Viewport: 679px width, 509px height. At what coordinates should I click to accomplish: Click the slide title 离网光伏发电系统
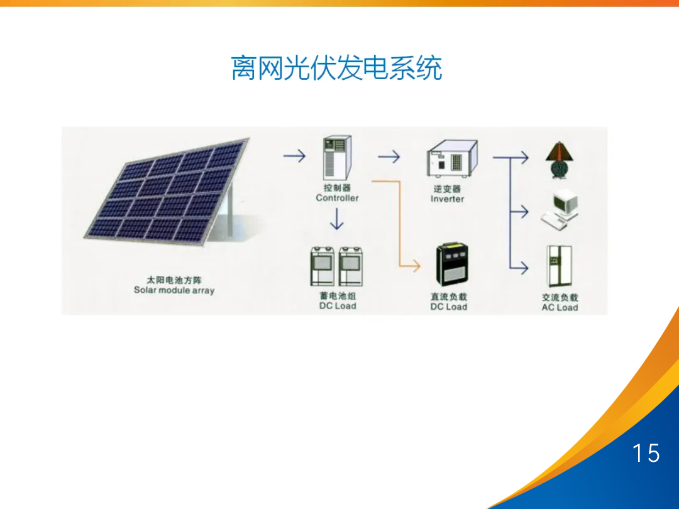click(336, 68)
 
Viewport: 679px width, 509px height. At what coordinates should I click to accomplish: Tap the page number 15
click(646, 453)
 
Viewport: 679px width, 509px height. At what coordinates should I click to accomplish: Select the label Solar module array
click(174, 290)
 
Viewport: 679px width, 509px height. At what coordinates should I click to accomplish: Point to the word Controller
click(337, 198)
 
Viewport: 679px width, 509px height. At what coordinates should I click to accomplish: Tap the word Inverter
click(447, 199)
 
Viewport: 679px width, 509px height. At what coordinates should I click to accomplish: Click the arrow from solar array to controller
click(294, 155)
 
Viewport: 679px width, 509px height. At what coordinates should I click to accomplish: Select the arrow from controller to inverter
click(389, 156)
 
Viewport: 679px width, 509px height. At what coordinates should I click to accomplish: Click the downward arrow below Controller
click(338, 219)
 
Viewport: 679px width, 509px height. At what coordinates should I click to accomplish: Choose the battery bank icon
click(338, 266)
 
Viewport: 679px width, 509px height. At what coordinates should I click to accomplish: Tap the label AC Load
click(560, 307)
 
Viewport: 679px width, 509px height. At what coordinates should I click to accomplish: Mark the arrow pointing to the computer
click(519, 211)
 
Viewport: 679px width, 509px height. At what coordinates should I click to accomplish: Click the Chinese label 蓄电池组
click(338, 296)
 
